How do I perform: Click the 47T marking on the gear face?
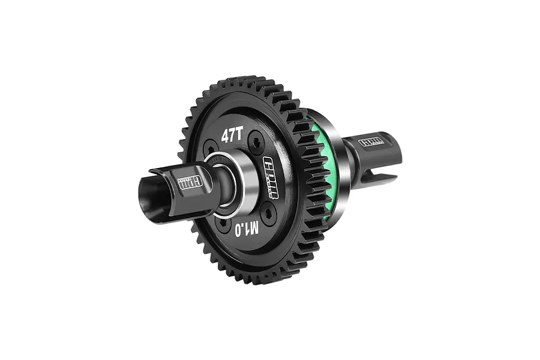coord(232,136)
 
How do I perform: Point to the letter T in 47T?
coord(239,134)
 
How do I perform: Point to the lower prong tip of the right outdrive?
coord(393,178)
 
